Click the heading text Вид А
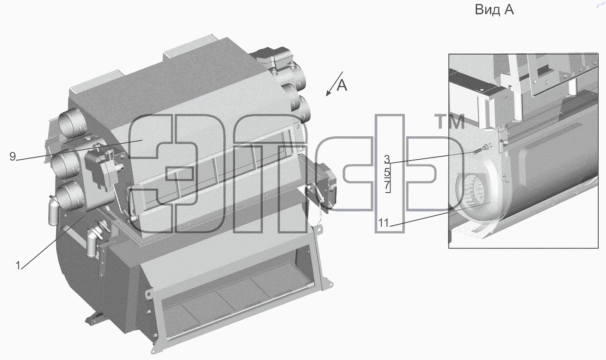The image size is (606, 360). click(x=494, y=10)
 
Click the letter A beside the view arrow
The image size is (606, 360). click(x=342, y=86)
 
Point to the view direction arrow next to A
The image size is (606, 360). click(x=334, y=84)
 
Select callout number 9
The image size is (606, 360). click(x=13, y=157)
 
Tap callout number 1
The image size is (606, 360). click(x=18, y=265)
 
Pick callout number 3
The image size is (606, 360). click(x=387, y=159)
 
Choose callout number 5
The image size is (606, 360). click(x=387, y=172)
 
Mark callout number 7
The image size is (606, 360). click(x=387, y=186)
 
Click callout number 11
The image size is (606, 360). click(x=384, y=223)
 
